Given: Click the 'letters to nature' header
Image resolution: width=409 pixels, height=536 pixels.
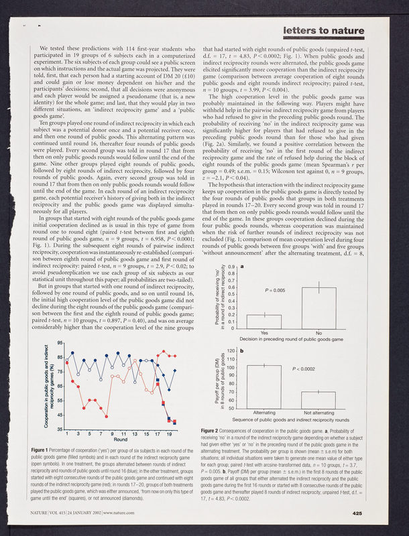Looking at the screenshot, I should (x=324, y=31).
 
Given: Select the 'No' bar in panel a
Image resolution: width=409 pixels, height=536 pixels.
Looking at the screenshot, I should (x=318, y=299).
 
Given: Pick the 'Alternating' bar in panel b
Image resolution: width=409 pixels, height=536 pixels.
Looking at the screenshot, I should (x=264, y=387).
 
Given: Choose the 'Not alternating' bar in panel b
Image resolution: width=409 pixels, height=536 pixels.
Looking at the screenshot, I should (x=318, y=400).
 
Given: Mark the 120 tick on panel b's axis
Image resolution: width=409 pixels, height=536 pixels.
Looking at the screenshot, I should (x=229, y=351).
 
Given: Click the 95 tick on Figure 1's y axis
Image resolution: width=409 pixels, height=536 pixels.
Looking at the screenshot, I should (x=60, y=343).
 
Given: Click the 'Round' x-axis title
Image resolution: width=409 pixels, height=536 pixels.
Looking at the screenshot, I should (x=121, y=440).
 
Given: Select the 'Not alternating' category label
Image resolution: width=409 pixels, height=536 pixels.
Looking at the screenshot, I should (x=318, y=413).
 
